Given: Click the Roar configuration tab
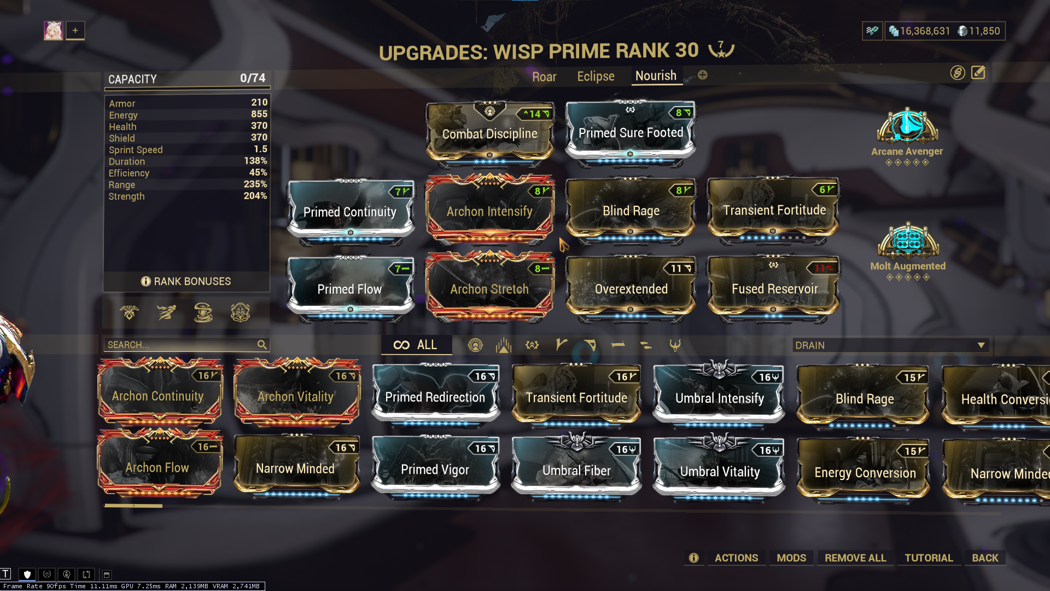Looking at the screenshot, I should pos(544,77).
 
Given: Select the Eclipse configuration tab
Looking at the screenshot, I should pos(596,76).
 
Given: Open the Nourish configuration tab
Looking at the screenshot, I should pos(656,76).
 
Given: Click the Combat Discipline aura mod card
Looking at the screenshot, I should pos(489,133).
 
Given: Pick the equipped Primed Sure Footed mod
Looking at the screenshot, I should pos(631,132).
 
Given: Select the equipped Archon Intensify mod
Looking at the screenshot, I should pos(489,211).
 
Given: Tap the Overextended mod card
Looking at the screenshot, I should pos(631,288).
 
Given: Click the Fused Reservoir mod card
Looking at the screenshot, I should pos(774,288).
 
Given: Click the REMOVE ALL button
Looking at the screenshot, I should pos(855,558).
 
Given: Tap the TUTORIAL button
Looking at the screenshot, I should pos(929,558).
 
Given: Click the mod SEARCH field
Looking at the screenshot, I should pos(180,345).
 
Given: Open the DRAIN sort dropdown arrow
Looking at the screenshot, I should pos(981,345).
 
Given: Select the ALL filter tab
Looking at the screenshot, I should pos(416,345).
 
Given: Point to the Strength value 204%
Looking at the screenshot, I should pos(255,196).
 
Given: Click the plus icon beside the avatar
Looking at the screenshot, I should pos(75,31).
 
